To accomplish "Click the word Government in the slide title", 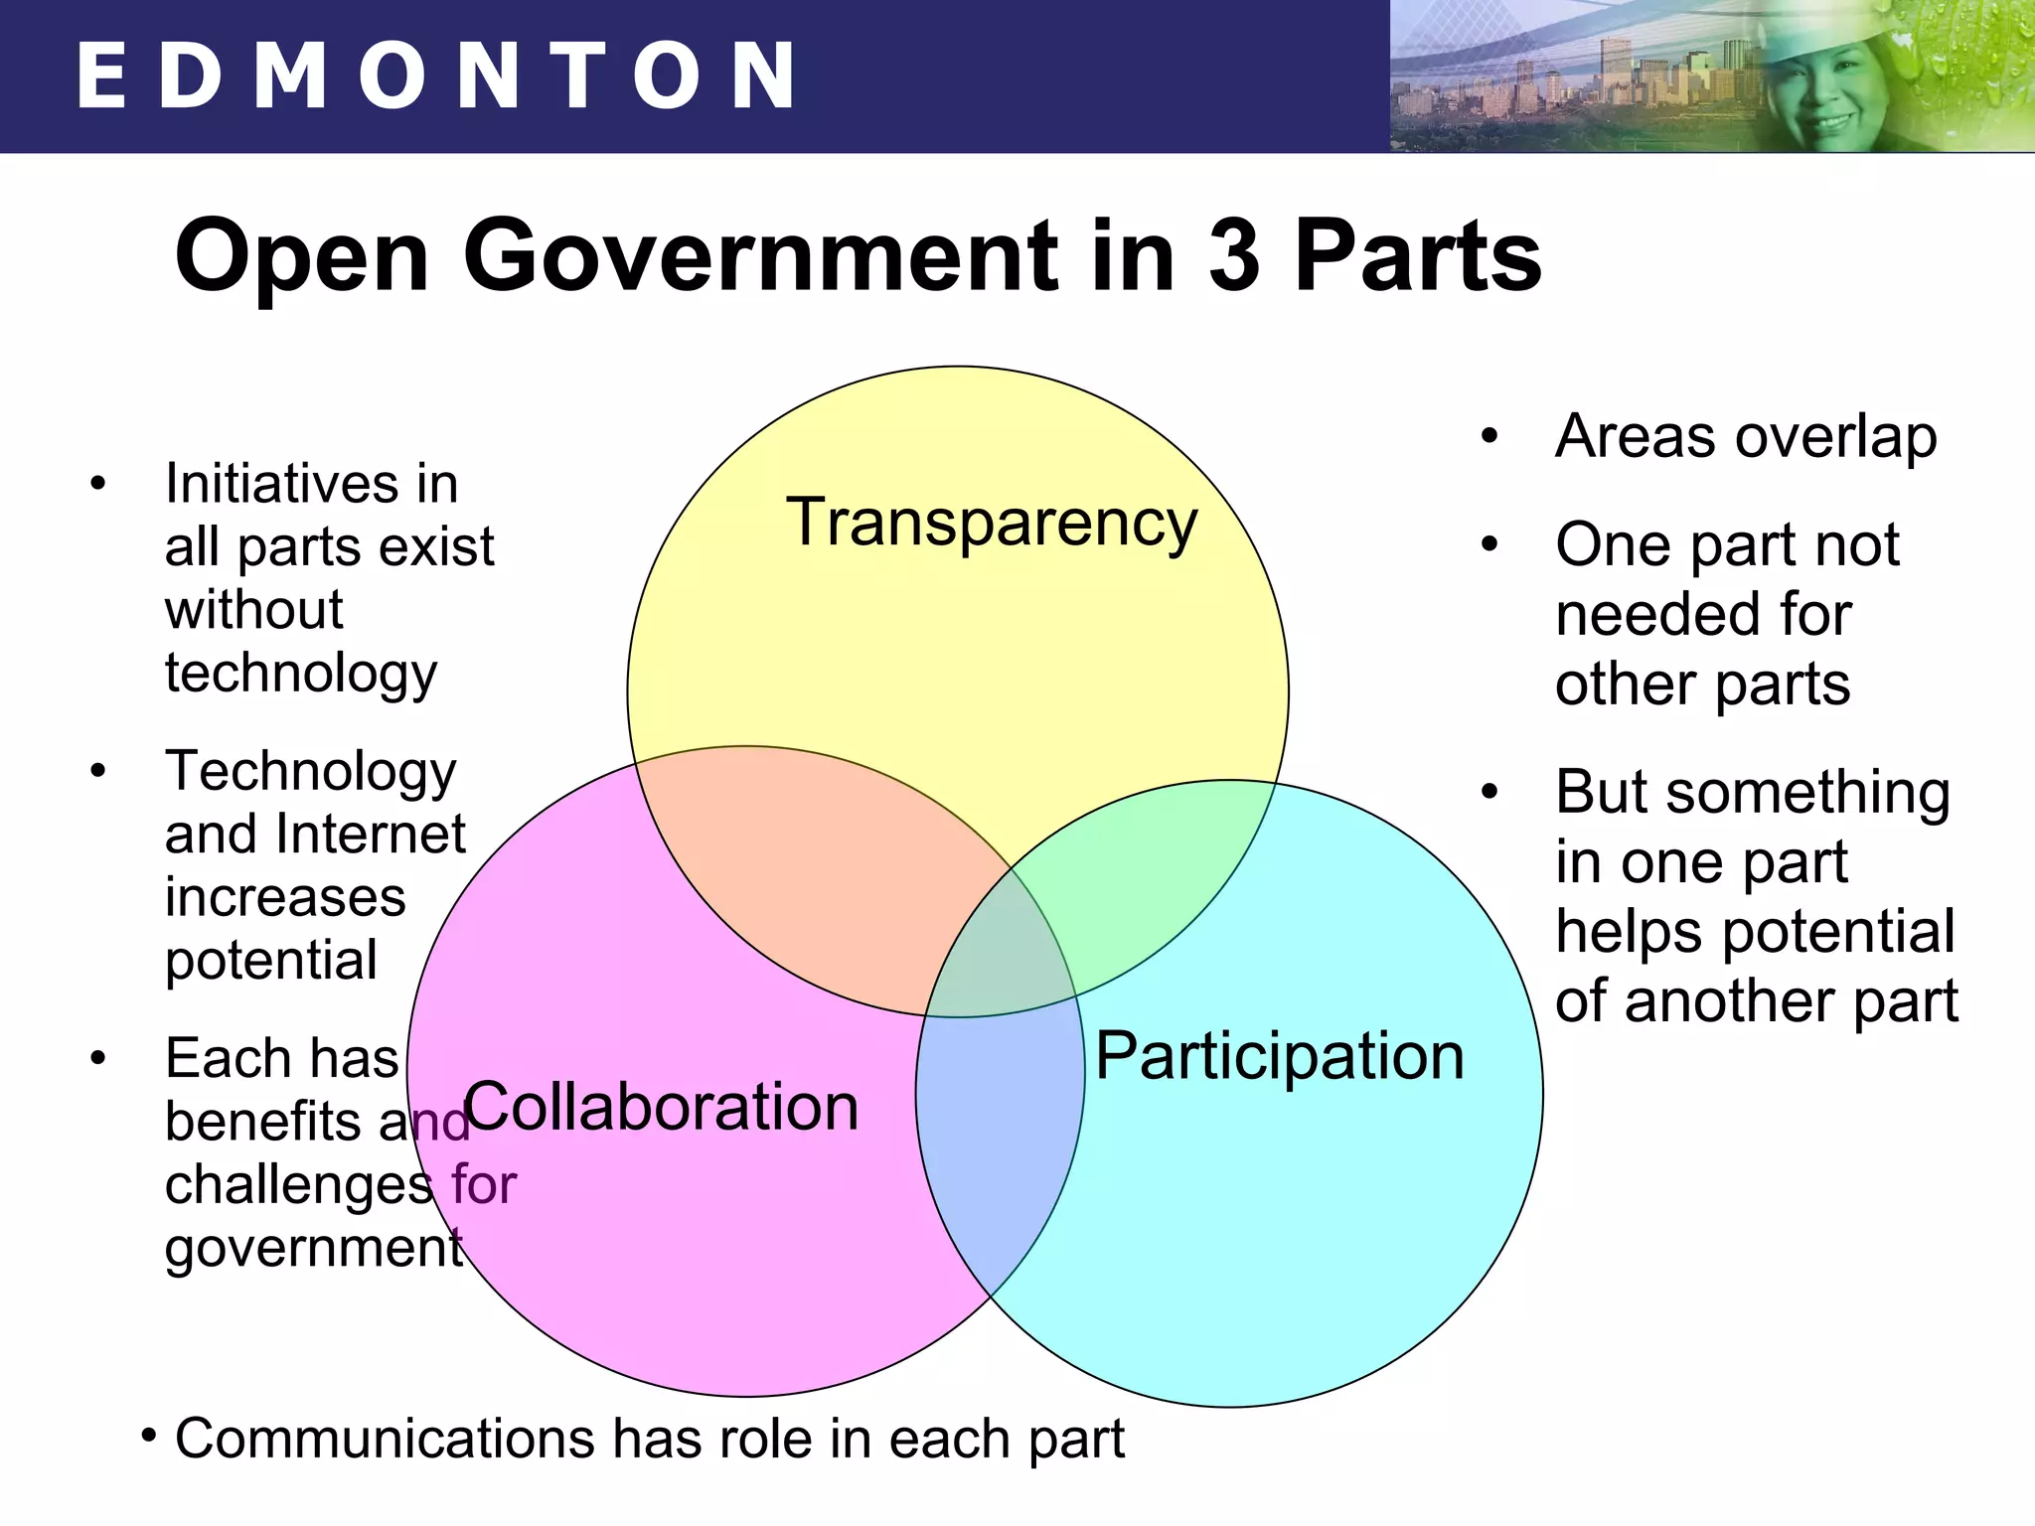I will (x=760, y=256).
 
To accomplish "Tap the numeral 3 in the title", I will (x=1233, y=256).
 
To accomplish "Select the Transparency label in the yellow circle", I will (x=992, y=523).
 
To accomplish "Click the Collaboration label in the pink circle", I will (x=662, y=1107).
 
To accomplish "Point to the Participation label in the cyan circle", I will (x=1280, y=1057).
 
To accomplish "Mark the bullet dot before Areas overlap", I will (x=1488, y=437).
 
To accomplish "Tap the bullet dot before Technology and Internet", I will (x=97, y=772).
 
